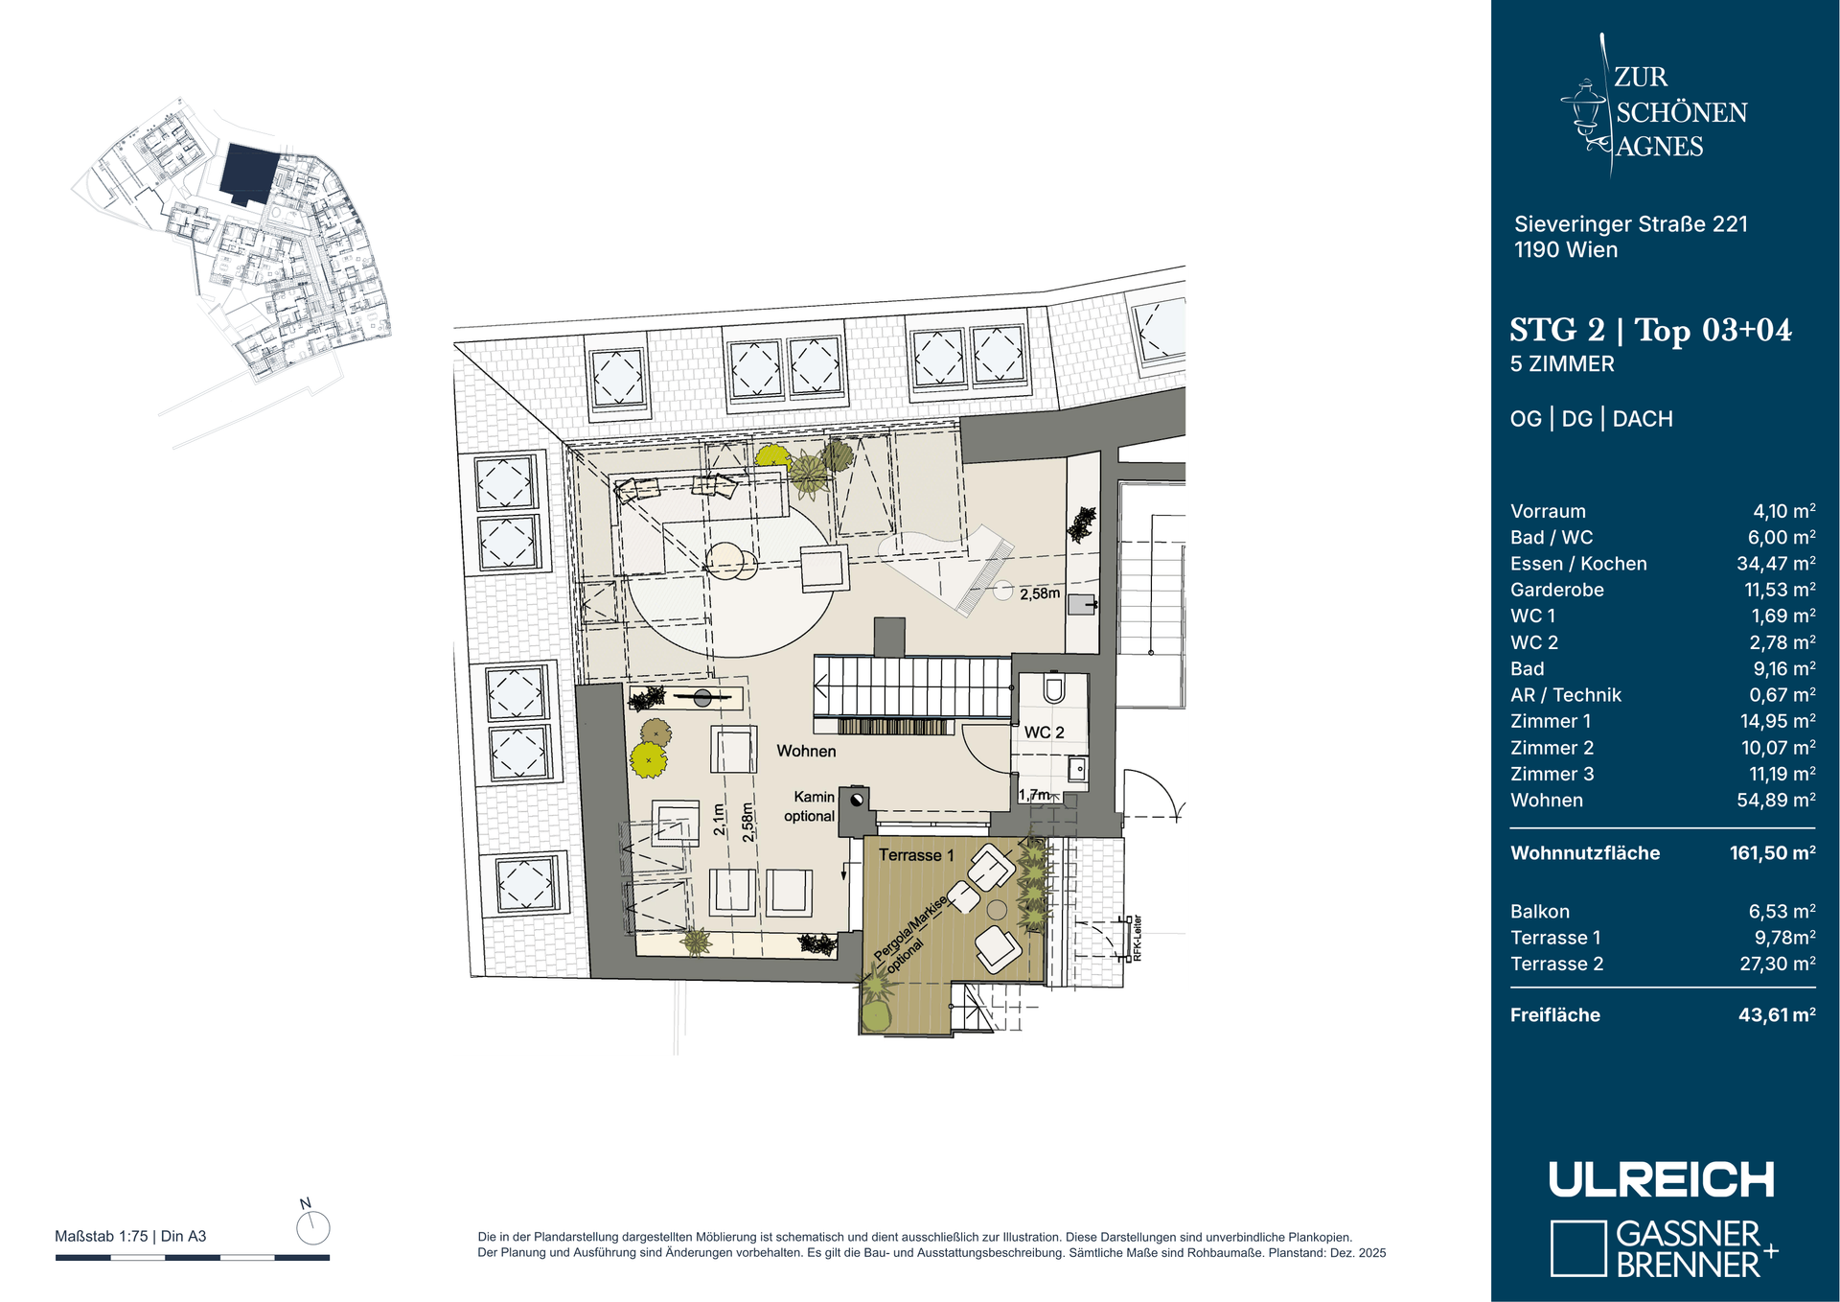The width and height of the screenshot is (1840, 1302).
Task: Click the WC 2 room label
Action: pyautogui.click(x=1044, y=732)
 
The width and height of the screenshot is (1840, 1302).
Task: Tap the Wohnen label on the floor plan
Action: pyautogui.click(x=806, y=751)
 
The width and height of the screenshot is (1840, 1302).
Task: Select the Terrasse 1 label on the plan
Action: pyautogui.click(x=916, y=855)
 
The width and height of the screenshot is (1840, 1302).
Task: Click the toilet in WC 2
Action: pyautogui.click(x=1054, y=689)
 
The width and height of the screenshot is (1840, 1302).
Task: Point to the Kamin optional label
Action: pyautogui.click(x=811, y=806)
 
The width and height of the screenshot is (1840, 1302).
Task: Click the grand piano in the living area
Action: pyautogui.click(x=949, y=566)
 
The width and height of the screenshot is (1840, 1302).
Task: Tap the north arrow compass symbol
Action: pyautogui.click(x=312, y=1226)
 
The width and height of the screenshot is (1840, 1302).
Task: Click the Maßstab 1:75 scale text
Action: pyautogui.click(x=102, y=1236)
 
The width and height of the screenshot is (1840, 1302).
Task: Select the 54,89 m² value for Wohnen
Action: pyautogui.click(x=1776, y=800)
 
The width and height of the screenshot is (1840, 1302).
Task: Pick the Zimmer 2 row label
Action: pyautogui.click(x=1552, y=748)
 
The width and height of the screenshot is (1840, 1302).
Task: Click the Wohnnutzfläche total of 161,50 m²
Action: pyautogui.click(x=1772, y=852)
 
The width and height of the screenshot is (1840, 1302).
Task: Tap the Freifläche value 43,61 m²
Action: pyautogui.click(x=1777, y=1014)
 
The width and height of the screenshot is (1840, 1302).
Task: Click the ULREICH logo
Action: pyautogui.click(x=1662, y=1179)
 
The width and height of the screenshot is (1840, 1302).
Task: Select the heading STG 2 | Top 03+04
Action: pyautogui.click(x=1650, y=330)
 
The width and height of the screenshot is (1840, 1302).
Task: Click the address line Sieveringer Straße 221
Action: pyautogui.click(x=1631, y=224)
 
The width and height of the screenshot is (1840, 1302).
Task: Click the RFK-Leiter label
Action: pyautogui.click(x=1138, y=939)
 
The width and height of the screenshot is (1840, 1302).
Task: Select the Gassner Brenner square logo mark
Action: pyautogui.click(x=1577, y=1248)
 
